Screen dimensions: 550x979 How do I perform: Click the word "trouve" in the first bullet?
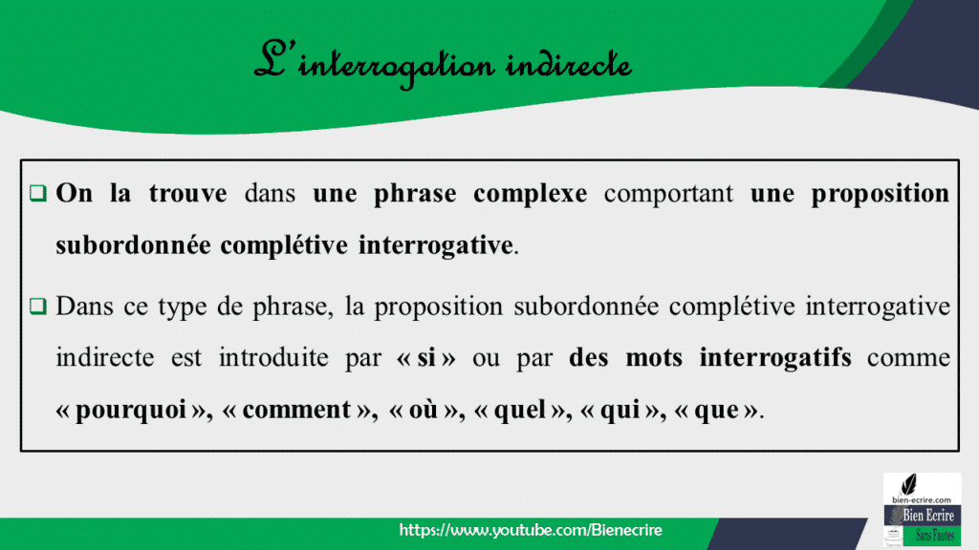pos(187,194)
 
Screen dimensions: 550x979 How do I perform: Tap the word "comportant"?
pos(669,194)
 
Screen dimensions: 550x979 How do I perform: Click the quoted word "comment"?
pos(295,411)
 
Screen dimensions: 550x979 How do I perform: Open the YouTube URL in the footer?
pos(531,530)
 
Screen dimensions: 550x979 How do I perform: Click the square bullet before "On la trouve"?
pos(37,194)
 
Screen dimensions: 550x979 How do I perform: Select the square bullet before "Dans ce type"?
pos(37,307)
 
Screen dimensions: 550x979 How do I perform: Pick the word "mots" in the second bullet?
pos(656,359)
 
